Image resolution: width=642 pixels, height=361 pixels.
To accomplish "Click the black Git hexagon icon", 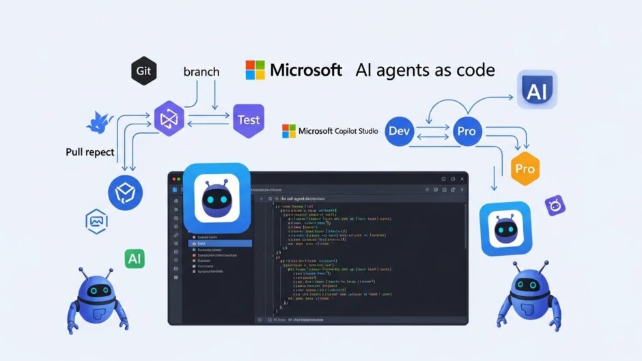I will (145, 71).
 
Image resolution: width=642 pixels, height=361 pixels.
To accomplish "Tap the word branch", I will (202, 71).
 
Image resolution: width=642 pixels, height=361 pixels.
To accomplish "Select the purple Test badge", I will (248, 120).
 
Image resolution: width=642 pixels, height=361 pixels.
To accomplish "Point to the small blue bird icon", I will (100, 124).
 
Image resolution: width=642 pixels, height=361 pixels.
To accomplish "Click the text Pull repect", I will (90, 151).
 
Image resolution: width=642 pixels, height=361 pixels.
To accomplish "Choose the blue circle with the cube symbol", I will (126, 193).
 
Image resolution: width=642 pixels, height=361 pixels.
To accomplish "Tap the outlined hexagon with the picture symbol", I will (96, 222).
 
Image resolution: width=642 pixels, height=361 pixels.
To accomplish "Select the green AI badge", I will (135, 258).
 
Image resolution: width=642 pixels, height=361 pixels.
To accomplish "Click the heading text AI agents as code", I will (425, 70).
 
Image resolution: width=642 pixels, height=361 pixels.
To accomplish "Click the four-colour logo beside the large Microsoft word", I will (255, 70).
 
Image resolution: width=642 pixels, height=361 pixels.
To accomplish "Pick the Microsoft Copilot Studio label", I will (330, 130).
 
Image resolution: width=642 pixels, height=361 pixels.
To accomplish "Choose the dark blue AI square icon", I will (537, 90).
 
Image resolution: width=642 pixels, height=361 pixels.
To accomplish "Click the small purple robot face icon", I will (555, 205).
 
